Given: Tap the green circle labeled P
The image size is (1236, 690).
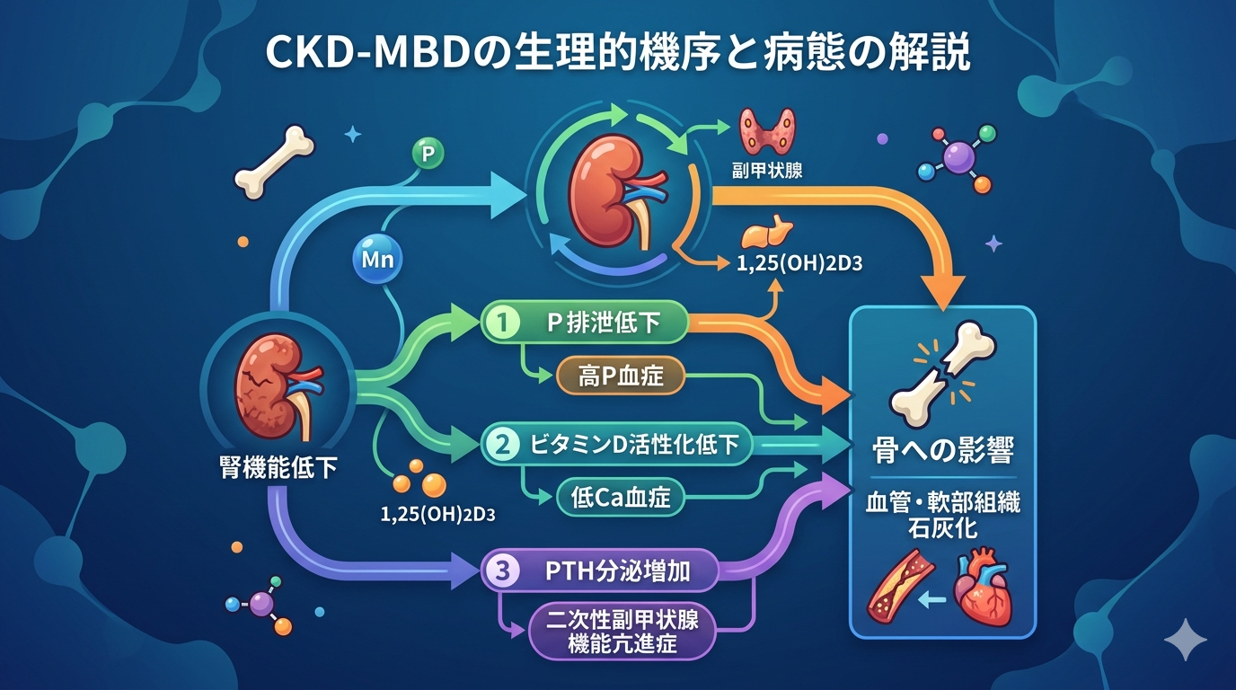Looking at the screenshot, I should coord(428,154).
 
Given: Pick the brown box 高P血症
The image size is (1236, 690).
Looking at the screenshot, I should coord(621,376).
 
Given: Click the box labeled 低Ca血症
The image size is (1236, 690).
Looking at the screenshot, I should coord(621,496).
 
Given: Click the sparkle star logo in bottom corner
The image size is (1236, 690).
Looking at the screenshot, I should coord(1185,639).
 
